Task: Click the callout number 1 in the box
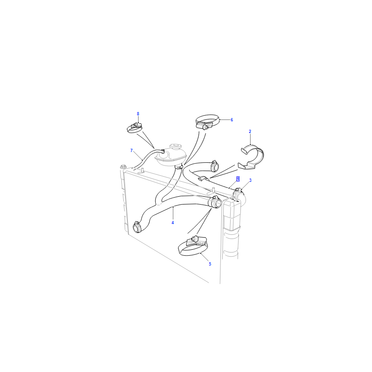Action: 238,179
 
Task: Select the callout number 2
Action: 250,132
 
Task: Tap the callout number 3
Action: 250,180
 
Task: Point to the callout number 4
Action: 173,223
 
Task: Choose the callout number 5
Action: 210,264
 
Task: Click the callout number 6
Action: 232,120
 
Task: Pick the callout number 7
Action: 132,150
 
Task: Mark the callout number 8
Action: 138,114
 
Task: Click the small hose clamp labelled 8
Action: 134,128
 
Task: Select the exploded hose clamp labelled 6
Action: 206,122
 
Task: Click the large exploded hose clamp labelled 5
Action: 193,247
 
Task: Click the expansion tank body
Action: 170,157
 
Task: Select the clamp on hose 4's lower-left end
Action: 137,227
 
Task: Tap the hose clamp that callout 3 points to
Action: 238,192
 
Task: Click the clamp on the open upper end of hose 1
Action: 214,166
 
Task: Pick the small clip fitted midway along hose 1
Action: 204,179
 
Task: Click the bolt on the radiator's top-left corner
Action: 123,166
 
